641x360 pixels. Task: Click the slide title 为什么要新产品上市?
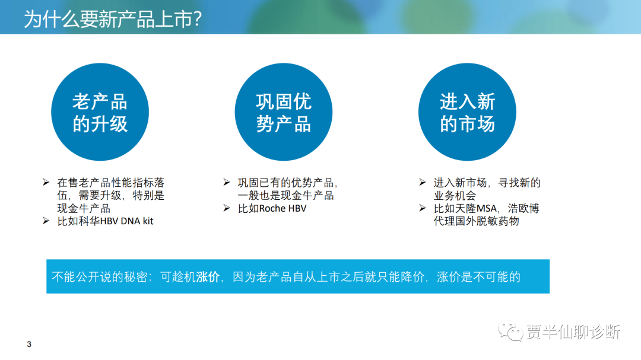pos(113,19)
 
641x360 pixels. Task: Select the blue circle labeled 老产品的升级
pos(100,112)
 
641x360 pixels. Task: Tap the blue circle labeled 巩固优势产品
pos(283,112)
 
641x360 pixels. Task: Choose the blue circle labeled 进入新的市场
pos(467,112)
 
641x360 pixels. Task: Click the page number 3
pos(29,344)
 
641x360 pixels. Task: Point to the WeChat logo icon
pos(510,332)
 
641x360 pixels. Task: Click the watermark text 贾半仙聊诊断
pos(573,332)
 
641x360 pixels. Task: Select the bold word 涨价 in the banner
pos(208,276)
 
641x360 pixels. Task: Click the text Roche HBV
pos(283,208)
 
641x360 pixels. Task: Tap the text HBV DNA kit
pos(127,221)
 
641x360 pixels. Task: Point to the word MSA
pos(487,208)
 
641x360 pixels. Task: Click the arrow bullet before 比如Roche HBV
pos(227,208)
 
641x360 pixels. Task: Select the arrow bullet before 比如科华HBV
pos(46,221)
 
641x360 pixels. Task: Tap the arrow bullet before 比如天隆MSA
pos(423,208)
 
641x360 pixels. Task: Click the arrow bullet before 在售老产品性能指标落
pos(46,182)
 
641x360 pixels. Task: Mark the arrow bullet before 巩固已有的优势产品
pos(227,182)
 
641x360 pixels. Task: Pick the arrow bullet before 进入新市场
pos(423,182)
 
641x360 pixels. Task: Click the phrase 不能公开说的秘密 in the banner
pos(99,276)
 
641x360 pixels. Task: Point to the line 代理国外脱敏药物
pos(476,221)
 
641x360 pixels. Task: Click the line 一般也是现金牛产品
pos(285,195)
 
